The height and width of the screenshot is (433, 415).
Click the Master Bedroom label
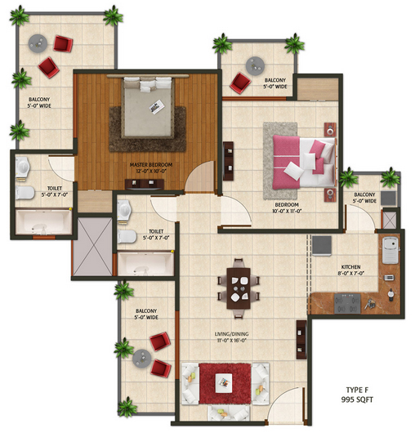pos(151,167)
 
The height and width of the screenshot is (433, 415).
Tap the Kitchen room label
pos(350,270)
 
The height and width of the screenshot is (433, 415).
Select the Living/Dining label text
pos(231,337)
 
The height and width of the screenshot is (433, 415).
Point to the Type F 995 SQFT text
pos(357,395)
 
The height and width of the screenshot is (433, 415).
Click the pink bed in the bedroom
pos(304,162)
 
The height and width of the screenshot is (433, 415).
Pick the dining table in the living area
pos(239,288)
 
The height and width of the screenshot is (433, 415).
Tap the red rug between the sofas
pos(225,383)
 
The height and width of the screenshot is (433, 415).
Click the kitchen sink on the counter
pos(390,250)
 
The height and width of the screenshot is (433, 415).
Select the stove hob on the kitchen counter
pos(347,303)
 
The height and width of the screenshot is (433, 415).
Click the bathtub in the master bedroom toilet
pos(43,222)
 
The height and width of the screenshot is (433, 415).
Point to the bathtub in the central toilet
pos(145,264)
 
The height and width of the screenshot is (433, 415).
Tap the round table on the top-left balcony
pos(38,43)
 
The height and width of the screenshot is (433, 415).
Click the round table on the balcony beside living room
pos(141,359)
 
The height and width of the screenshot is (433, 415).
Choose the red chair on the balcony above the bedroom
pos(240,83)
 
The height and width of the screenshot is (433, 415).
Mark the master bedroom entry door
pos(199,176)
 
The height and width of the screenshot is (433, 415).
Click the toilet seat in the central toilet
pos(127,237)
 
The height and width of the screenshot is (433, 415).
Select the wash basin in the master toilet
pos(23,167)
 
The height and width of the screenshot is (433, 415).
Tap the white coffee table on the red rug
pos(224,382)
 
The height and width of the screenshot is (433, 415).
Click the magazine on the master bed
pos(157,106)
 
